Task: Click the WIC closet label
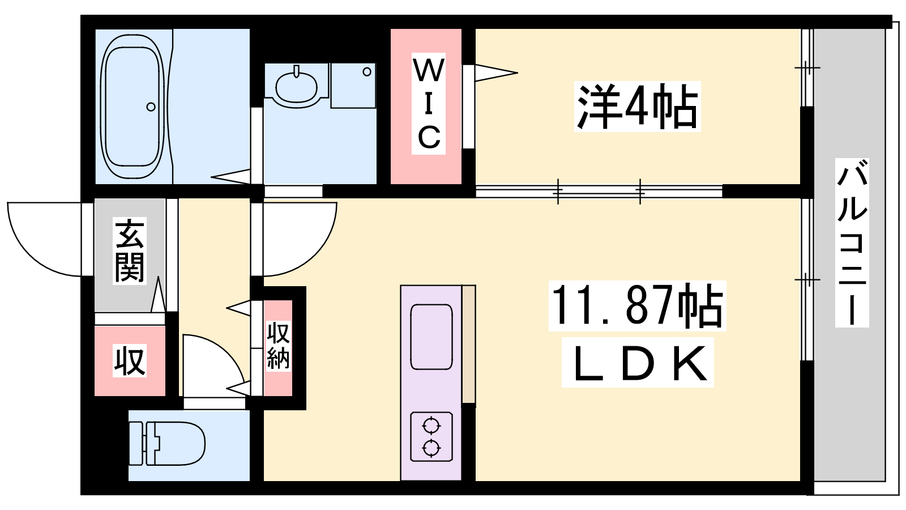pos(429,104)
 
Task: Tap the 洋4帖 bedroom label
pos(638,107)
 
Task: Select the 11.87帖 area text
pos(637,305)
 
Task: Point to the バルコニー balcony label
pos(852,243)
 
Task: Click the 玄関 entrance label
pos(130,250)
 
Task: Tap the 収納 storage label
pos(278,345)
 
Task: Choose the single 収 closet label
pos(130,360)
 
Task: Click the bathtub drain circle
pos(151,107)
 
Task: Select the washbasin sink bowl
pos(297,87)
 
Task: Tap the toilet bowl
pos(180,444)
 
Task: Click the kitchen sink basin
pos(431,337)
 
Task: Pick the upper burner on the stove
pos(431,426)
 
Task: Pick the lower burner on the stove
pos(431,448)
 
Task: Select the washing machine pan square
pos(353,86)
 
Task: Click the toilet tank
pos(136,444)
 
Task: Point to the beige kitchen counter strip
pos(469,344)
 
